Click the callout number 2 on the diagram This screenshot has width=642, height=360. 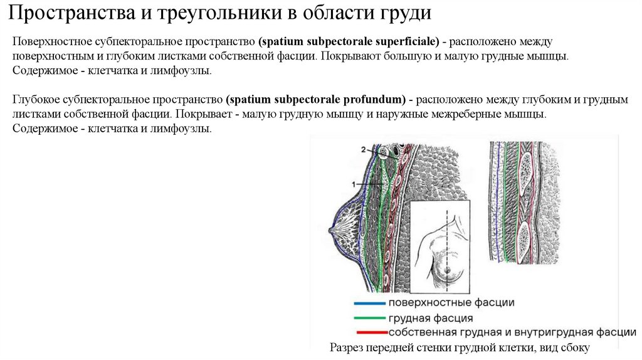363,149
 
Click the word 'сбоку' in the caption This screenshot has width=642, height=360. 576,347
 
